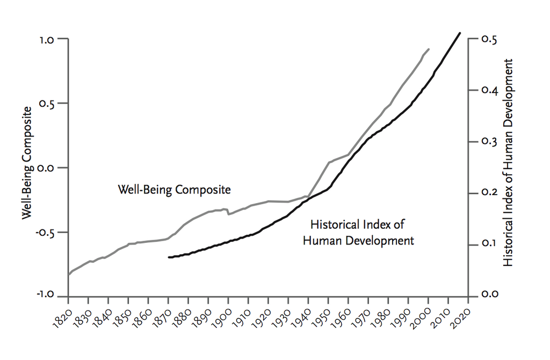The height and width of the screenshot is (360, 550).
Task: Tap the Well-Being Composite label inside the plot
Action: (x=174, y=190)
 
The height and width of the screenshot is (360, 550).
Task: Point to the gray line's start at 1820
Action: (x=69, y=275)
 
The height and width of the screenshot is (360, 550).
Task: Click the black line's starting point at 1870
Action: (x=169, y=257)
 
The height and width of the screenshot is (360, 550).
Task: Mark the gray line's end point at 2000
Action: (x=429, y=49)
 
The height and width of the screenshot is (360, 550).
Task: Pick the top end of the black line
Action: (x=460, y=33)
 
